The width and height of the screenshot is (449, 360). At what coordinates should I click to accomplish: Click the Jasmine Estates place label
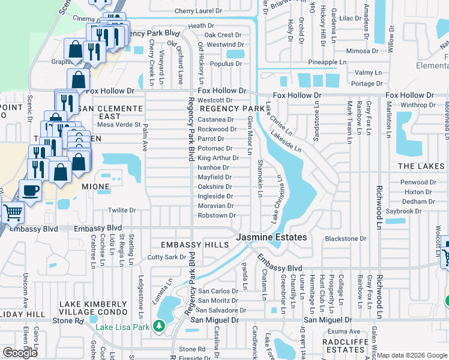click(271, 238)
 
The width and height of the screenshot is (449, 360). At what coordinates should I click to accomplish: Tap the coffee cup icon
click(31, 191)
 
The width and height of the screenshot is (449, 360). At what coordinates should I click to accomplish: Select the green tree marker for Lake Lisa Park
click(159, 326)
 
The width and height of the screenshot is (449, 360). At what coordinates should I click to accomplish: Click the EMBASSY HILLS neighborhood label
click(194, 245)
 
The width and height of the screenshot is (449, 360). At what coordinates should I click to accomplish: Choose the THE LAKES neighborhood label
click(422, 166)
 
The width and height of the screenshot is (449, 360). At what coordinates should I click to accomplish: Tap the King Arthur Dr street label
click(218, 158)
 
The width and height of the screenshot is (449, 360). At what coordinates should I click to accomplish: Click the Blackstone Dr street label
click(345, 239)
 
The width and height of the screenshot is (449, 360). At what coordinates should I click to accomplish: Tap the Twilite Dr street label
click(122, 211)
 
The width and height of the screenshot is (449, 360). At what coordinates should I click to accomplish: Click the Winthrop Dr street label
click(418, 105)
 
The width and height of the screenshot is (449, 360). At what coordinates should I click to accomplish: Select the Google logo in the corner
click(20, 353)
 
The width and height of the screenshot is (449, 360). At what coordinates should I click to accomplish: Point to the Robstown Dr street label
click(216, 215)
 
